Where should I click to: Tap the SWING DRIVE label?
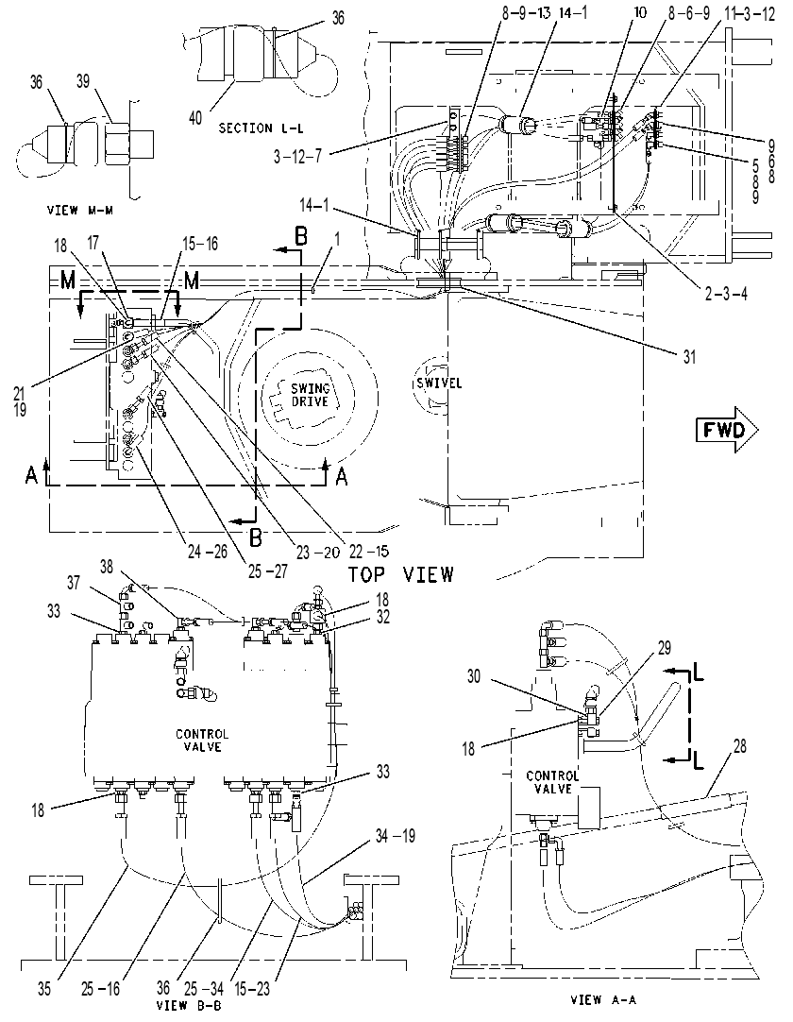[311, 395]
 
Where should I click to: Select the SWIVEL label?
[439, 383]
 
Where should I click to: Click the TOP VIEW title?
[400, 574]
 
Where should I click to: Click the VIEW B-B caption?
[189, 1005]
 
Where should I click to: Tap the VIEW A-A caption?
[602, 999]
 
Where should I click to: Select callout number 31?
[689, 357]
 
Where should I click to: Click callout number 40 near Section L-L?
[195, 118]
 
